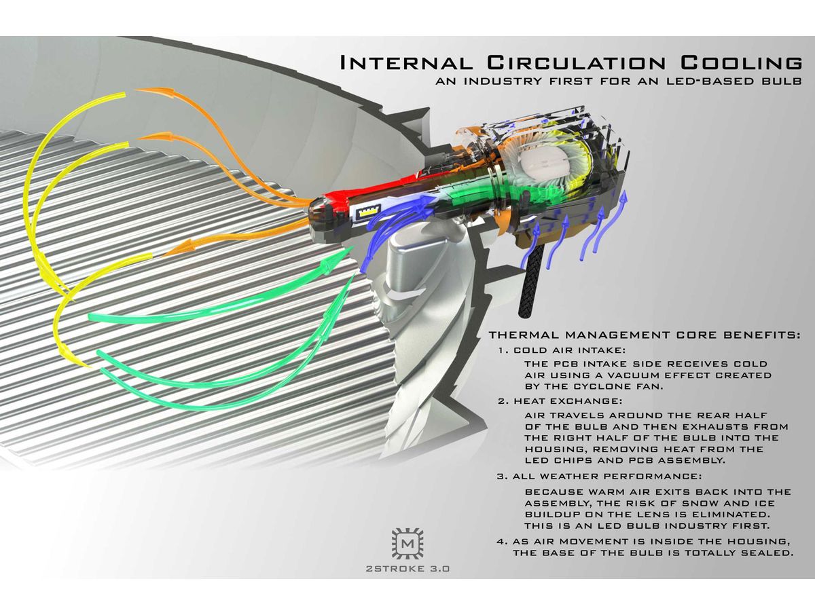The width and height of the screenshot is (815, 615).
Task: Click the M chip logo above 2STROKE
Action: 407,543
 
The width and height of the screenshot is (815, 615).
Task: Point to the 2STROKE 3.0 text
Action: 407,570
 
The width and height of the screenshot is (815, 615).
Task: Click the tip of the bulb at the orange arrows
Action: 314,207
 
